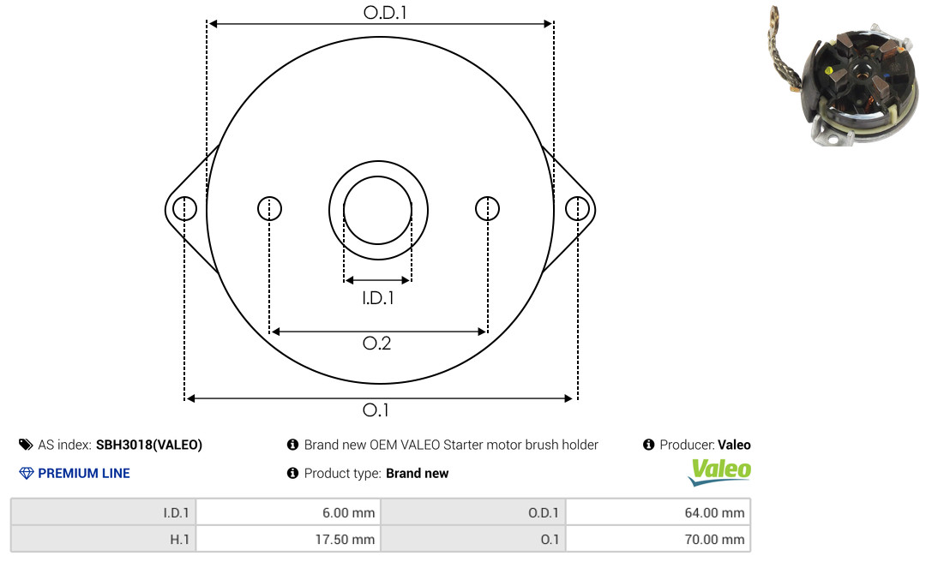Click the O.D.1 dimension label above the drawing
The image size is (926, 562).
385,12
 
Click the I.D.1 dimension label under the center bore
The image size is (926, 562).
378,298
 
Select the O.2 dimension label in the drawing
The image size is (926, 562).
376,343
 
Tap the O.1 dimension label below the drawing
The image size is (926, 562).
376,410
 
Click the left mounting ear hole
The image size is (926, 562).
185,209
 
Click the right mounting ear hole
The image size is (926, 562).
577,209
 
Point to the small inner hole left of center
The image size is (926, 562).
270,208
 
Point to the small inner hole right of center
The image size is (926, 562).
487,208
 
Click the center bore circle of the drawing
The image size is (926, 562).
378,176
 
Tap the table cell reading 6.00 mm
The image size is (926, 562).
288,512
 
